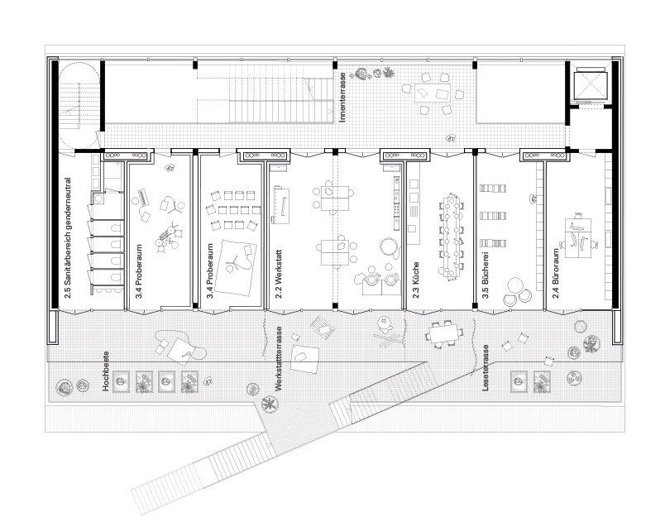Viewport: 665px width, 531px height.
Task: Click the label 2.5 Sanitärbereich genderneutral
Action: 68,238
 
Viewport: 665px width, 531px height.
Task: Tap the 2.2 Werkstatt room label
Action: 279,275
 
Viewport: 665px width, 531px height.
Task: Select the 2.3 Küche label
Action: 415,280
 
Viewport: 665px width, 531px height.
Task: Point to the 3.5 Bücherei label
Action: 486,275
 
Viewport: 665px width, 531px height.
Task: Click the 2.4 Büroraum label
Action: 556,274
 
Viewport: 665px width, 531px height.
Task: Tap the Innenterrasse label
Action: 342,98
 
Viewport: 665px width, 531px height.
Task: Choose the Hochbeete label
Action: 106,371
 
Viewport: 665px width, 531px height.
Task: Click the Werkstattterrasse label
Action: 278,358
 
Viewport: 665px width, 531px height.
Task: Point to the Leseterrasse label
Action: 486,367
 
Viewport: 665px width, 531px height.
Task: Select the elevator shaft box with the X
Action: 587,86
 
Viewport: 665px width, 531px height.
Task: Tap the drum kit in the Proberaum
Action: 168,238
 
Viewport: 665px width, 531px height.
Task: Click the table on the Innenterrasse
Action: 433,93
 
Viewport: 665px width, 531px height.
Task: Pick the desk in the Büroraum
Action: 577,237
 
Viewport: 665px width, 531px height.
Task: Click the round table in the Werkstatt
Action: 388,246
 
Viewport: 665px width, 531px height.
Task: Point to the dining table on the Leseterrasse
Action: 443,332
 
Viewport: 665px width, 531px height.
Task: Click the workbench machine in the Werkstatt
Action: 281,204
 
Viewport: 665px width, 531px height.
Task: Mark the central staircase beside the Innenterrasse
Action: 280,93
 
